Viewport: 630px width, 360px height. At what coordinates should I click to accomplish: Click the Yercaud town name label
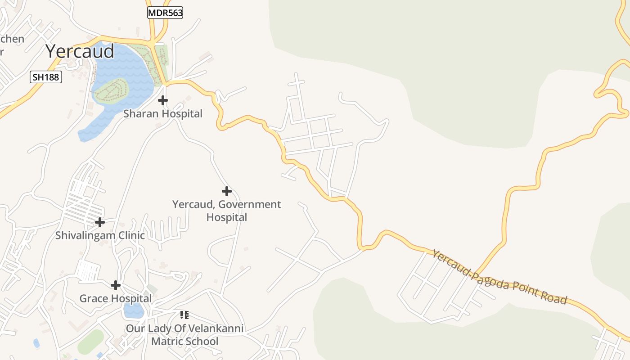(x=80, y=51)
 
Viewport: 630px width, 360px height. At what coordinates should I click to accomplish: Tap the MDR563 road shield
(x=165, y=13)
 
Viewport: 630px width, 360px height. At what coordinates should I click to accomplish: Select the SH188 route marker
(x=46, y=77)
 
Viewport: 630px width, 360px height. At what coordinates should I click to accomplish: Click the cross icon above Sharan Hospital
(x=163, y=100)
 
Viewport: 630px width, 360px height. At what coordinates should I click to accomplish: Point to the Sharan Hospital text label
(x=163, y=114)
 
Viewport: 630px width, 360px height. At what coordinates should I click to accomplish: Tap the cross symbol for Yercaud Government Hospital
(x=227, y=192)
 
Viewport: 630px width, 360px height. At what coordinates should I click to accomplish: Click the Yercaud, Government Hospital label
(x=227, y=211)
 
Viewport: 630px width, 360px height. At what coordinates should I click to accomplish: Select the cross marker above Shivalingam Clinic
(x=100, y=222)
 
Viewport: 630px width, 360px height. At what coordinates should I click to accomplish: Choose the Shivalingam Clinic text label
(x=100, y=235)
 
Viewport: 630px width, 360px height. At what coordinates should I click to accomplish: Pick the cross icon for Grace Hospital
(x=116, y=285)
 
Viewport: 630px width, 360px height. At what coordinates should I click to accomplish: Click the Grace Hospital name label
(x=116, y=298)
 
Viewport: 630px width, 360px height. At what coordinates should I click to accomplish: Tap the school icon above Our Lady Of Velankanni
(x=184, y=315)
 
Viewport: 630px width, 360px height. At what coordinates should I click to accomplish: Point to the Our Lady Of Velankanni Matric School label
(x=184, y=335)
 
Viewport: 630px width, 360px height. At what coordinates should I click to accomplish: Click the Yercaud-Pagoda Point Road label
(x=499, y=277)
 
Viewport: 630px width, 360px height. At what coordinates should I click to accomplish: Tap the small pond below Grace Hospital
(x=134, y=310)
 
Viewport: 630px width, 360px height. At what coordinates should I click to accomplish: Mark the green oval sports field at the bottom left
(x=90, y=342)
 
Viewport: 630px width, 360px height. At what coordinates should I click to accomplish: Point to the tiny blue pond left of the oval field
(x=36, y=343)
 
